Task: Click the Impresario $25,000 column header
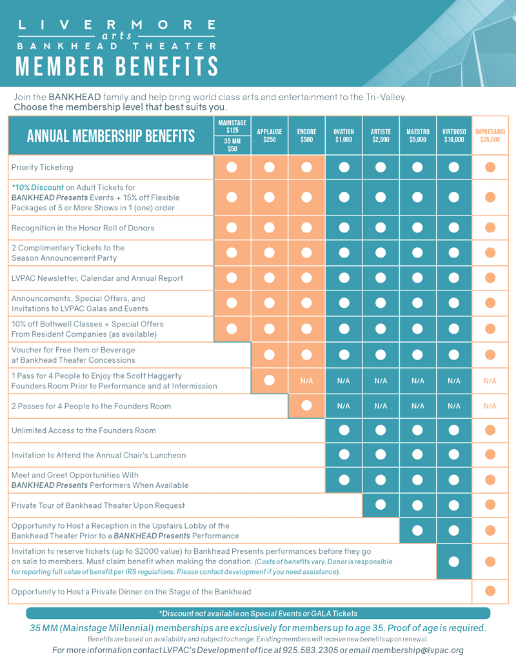pos(490,136)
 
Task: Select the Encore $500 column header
pos(306,136)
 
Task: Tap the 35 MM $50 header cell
pos(232,145)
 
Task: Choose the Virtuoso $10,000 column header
pos(454,136)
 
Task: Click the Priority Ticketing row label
pos(43,167)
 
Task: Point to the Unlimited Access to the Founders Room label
pos(84,430)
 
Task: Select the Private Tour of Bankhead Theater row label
pos(98,505)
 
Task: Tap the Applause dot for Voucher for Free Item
pos(270,355)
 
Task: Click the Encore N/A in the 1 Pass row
pos(306,381)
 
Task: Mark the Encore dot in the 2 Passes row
pos(306,405)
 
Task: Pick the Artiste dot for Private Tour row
pos(381,505)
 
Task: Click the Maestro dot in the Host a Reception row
pos(417,531)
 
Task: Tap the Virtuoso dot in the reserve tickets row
pos(454,561)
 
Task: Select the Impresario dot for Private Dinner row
pos(490,591)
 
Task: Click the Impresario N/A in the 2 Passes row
pos(490,406)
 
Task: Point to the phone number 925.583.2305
pos(310,651)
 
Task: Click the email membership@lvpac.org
pos(417,651)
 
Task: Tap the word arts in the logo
pos(117,36)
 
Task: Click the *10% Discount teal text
pos(37,187)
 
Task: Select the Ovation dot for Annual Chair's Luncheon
pos(344,454)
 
